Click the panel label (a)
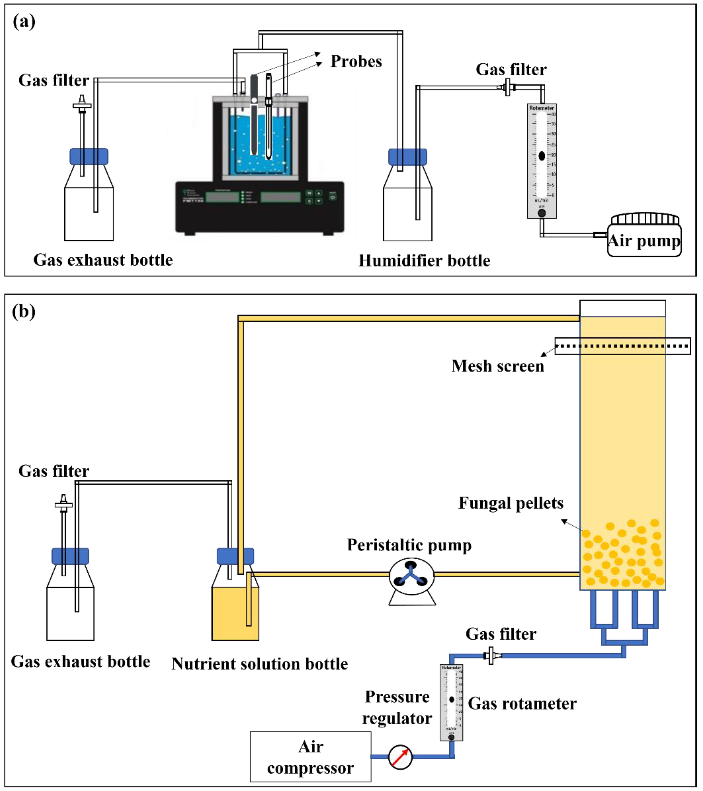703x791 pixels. coord(24,22)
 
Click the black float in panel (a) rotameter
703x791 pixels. coord(542,156)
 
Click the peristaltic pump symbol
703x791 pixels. coord(411,576)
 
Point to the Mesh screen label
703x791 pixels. coord(497,366)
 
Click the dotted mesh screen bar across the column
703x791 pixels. coord(622,346)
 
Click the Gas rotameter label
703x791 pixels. coord(522,704)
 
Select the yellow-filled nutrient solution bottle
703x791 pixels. coord(235,613)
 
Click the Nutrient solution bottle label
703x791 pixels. coord(260,664)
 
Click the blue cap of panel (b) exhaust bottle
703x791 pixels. coord(70,556)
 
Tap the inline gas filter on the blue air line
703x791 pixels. coord(491,655)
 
